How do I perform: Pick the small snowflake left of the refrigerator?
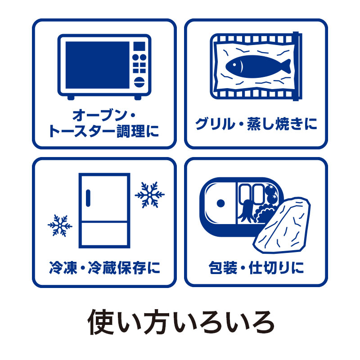60,225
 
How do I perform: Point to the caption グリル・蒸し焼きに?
256,124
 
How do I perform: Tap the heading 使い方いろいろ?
180,321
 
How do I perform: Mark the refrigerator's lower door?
104,233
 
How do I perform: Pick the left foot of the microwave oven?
71,97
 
